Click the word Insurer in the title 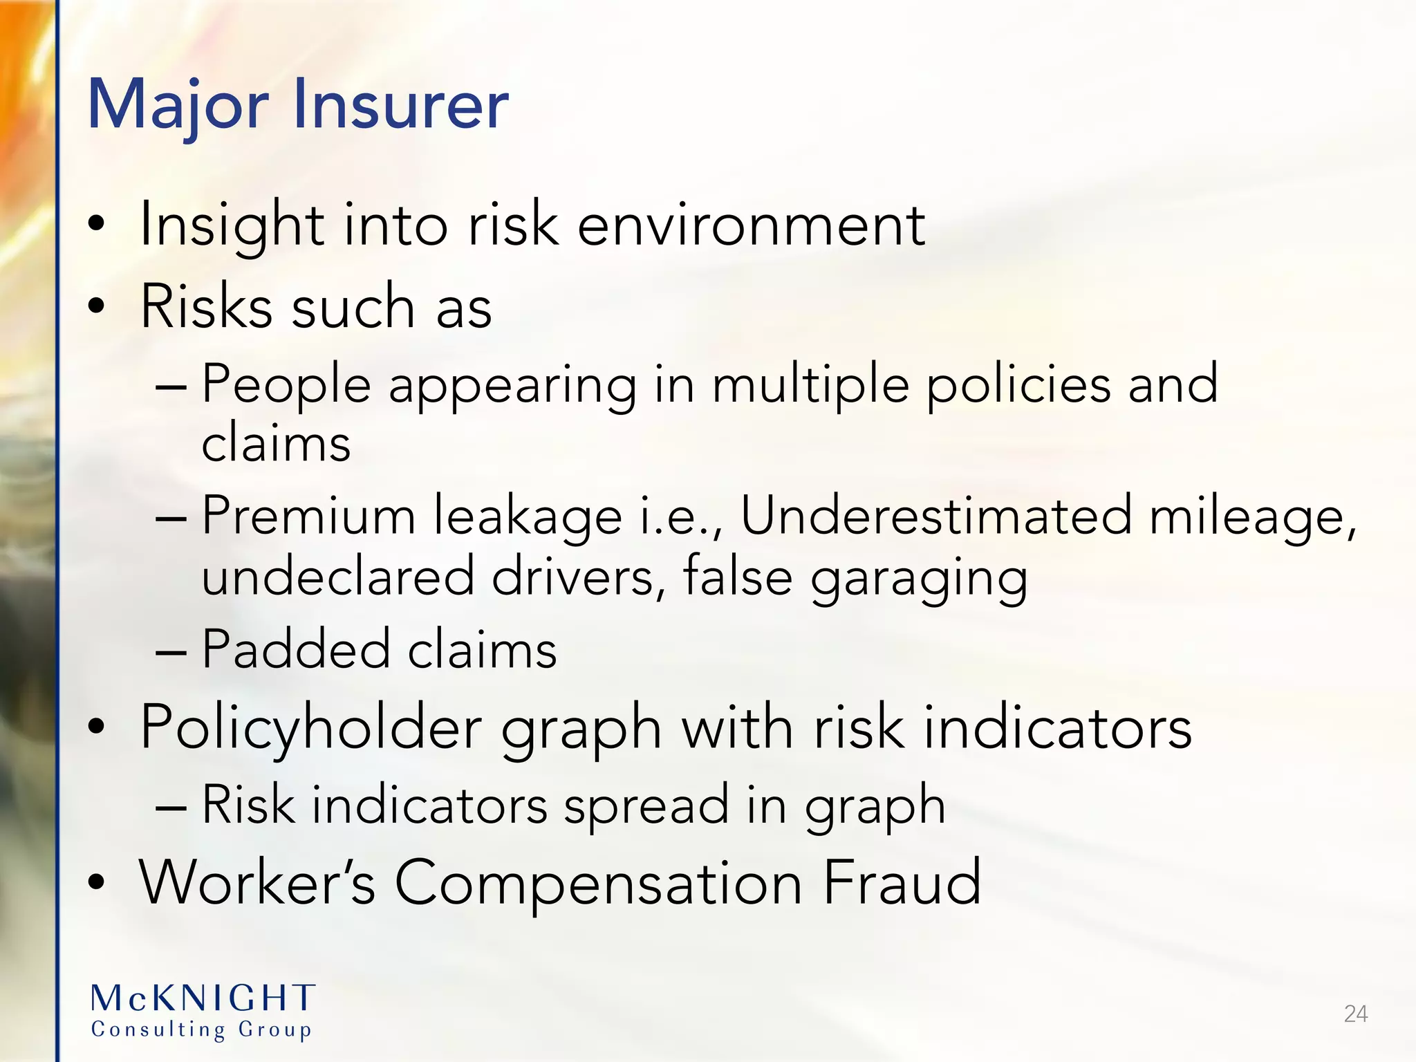pos(400,105)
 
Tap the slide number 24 pos(1355,1014)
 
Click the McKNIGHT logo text pos(203,998)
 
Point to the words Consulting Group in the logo pos(201,1030)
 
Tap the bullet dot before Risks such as pos(97,305)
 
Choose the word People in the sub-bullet pos(286,384)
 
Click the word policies pos(1018,384)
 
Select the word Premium pos(308,516)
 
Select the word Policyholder pos(310,729)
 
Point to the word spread pos(646,806)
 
